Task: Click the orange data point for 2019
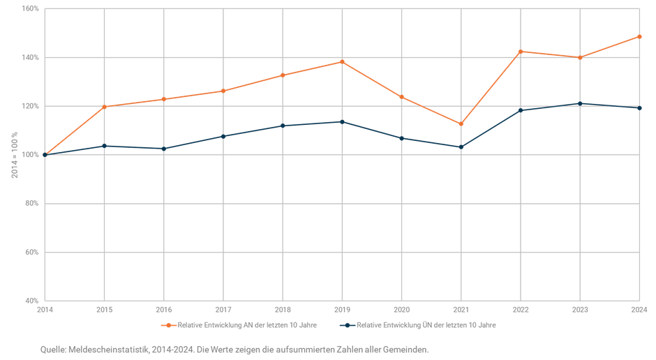click(342, 61)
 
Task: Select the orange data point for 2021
click(461, 124)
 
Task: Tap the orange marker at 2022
click(521, 52)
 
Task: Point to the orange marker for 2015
click(105, 106)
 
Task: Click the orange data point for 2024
click(639, 36)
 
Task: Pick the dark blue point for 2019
click(342, 121)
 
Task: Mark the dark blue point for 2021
click(461, 147)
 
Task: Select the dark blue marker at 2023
click(580, 104)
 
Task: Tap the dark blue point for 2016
click(164, 149)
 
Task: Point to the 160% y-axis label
click(30, 9)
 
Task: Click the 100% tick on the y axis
click(30, 155)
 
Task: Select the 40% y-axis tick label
click(31, 301)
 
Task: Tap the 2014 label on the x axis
click(45, 309)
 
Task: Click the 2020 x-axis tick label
click(401, 309)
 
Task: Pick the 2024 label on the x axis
click(639, 309)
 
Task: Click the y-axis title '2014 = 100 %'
click(14, 155)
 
